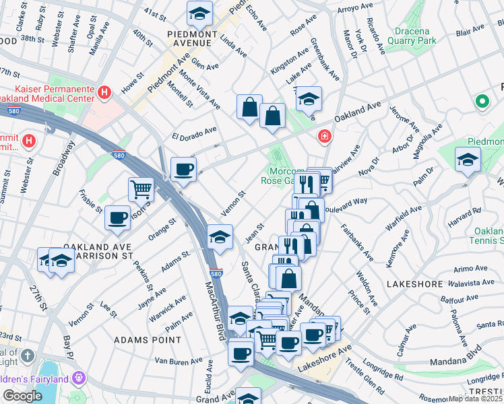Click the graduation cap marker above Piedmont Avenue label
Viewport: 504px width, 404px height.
point(199,13)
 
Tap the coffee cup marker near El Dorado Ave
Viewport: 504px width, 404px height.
point(183,170)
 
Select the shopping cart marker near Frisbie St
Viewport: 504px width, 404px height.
point(141,190)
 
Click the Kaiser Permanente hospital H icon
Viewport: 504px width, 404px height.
point(104,92)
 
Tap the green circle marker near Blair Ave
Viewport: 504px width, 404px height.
point(482,102)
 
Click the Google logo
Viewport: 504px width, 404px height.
point(22,396)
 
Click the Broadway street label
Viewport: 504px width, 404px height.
point(65,157)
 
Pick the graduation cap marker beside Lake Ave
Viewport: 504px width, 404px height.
point(309,100)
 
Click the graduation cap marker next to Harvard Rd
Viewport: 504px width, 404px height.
point(468,160)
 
